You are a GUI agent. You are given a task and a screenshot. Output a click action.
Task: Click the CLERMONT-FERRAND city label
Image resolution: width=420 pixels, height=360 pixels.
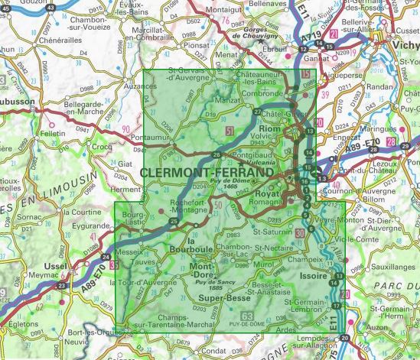coord(207,174)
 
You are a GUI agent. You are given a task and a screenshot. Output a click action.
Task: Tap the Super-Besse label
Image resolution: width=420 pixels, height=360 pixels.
coord(221,298)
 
